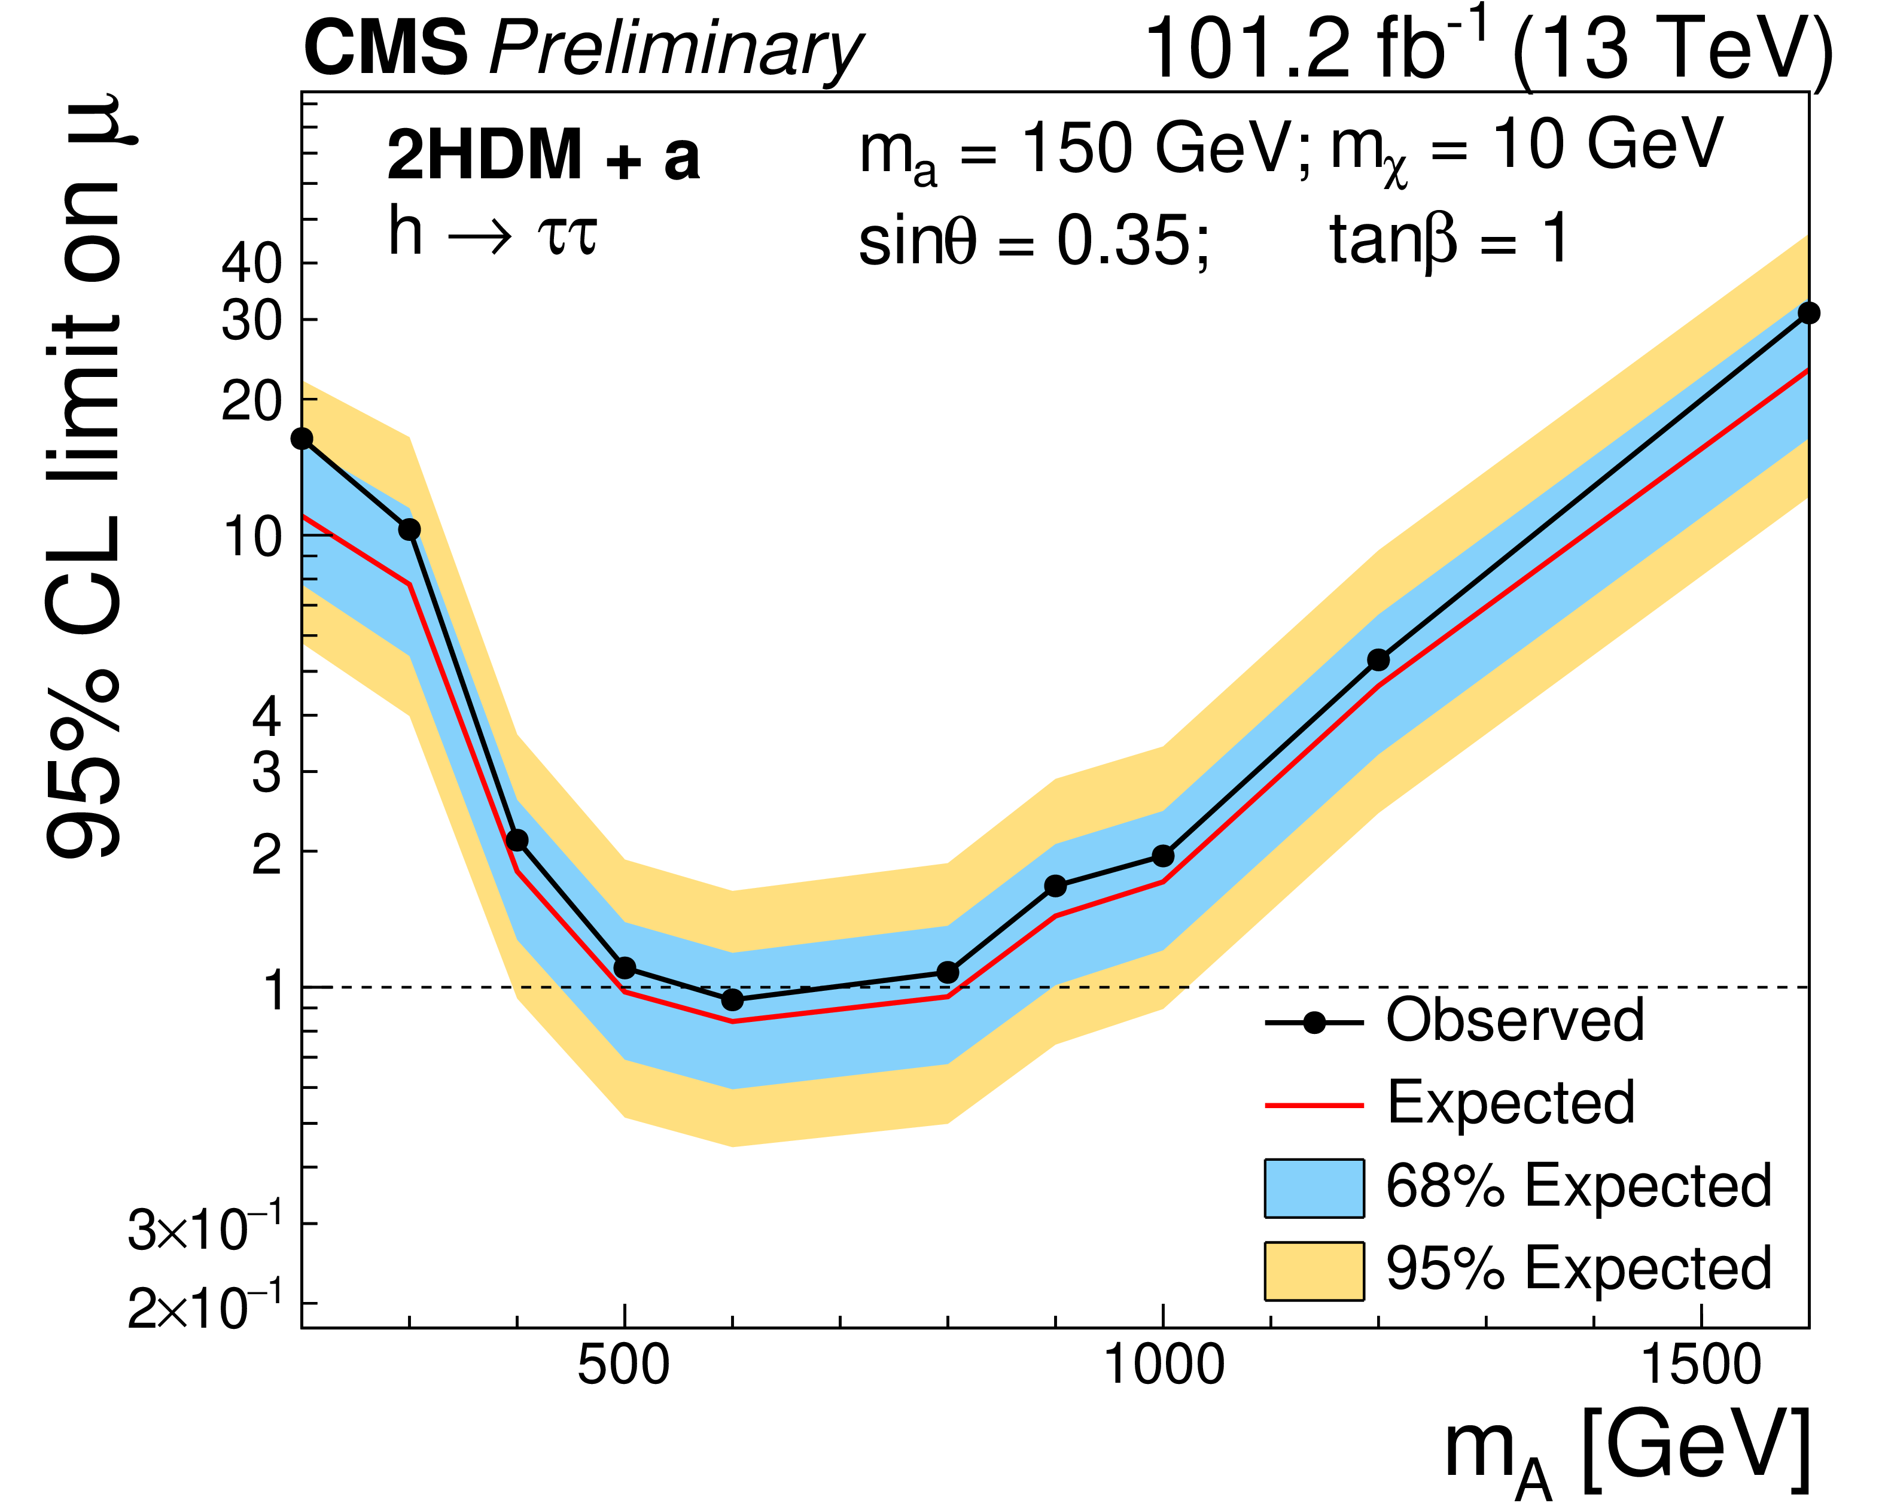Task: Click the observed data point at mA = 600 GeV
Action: [733, 999]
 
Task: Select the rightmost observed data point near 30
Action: [1808, 313]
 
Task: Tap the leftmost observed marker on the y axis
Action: [303, 438]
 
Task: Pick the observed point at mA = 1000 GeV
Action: [1163, 856]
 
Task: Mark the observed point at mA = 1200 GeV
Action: [1378, 659]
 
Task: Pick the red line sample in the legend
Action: [1313, 1105]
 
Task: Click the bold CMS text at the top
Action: [386, 49]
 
